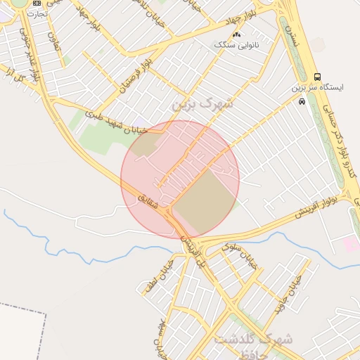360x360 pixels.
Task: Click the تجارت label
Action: point(37,13)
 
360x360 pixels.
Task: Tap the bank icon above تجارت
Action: point(37,4)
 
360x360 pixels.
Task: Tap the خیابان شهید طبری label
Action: point(115,121)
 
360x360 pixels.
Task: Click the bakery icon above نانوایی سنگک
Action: point(237,34)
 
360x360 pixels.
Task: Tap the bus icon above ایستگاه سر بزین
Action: point(317,77)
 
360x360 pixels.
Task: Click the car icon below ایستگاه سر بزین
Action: point(302,101)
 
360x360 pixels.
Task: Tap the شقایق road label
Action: point(161,202)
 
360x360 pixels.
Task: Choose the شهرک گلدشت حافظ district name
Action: point(254,344)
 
